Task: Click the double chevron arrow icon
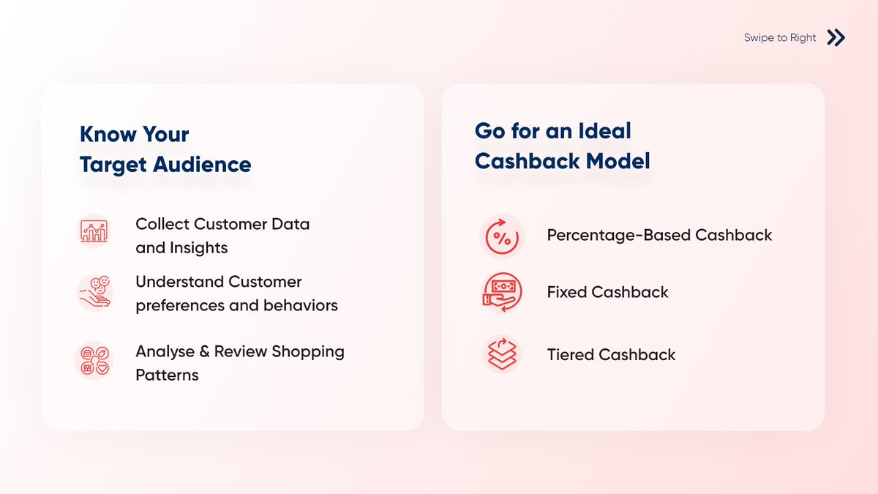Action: coord(836,37)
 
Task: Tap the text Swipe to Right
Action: coord(779,38)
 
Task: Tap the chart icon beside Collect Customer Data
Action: coord(93,231)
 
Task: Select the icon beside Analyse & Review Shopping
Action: coord(93,359)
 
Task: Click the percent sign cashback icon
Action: coord(502,237)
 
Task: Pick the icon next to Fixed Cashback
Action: coord(502,293)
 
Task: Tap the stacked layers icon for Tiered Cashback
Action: coord(502,354)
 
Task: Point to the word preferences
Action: coord(180,305)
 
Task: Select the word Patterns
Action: coord(167,375)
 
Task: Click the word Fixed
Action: coord(566,293)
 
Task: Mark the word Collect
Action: coord(162,224)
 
